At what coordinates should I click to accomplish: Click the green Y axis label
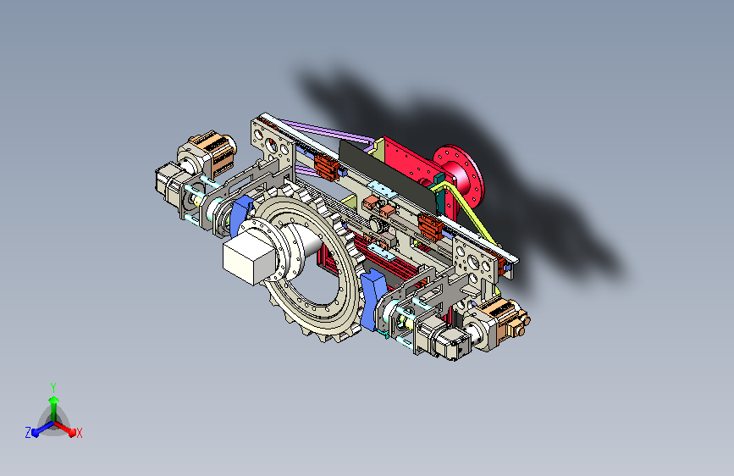point(53,387)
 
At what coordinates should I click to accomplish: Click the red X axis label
point(79,433)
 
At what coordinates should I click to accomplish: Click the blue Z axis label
point(28,433)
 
